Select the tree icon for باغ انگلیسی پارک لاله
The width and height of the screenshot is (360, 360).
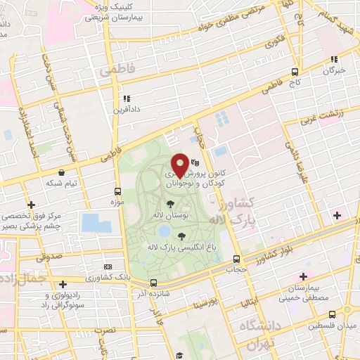[182, 236]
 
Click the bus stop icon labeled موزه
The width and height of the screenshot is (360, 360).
[117, 191]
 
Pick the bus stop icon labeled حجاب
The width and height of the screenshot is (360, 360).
[236, 258]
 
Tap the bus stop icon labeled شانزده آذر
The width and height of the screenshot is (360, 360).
[153, 283]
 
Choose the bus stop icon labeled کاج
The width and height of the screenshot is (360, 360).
[295, 71]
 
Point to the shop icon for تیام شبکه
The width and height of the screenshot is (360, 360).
[63, 172]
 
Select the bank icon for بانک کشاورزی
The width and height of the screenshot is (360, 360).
[108, 266]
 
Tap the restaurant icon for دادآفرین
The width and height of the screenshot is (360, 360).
[126, 99]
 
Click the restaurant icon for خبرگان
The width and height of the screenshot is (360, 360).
[335, 60]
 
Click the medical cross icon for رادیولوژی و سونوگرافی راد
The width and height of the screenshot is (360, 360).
[64, 284]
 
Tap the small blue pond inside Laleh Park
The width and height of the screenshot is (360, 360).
[164, 230]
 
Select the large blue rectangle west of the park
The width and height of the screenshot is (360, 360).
[96, 223]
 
